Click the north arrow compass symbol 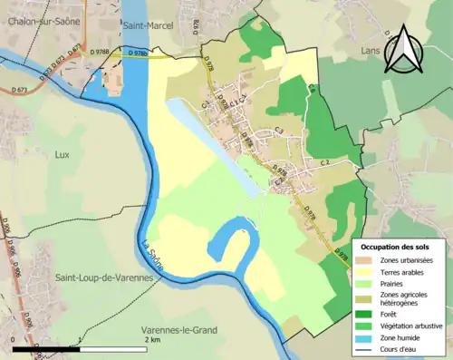pos(404,50)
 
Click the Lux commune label pos(62,155)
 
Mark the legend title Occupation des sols pos(395,247)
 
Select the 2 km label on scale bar pos(152,340)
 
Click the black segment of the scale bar pos(46,348)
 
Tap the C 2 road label pos(323,162)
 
